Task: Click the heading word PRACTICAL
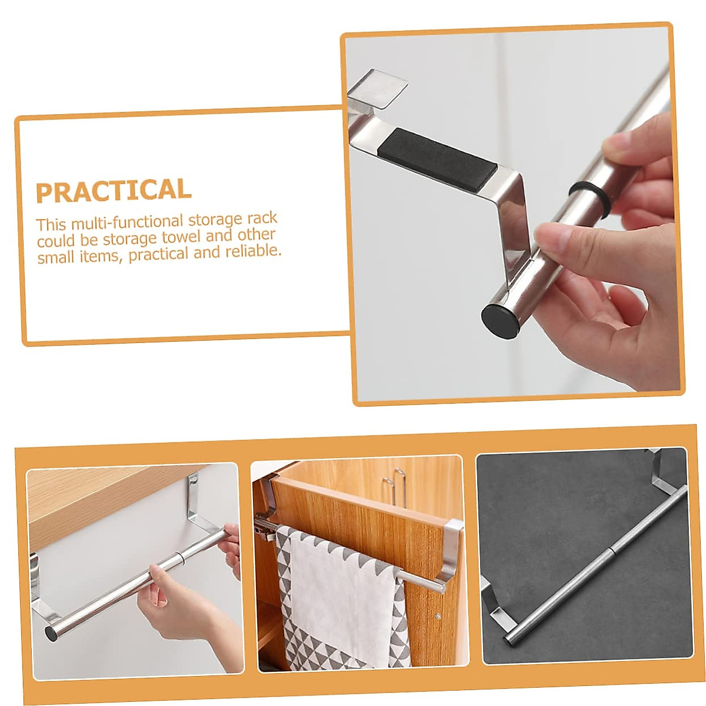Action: (114, 191)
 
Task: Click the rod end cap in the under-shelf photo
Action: (51, 633)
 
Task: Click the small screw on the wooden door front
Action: (439, 617)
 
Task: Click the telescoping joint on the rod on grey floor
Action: (612, 551)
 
